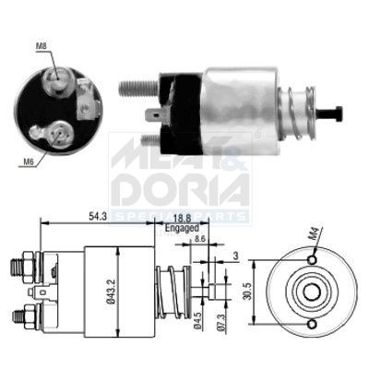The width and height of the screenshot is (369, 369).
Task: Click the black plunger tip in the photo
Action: [335, 113]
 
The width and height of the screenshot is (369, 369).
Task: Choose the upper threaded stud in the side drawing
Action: [19, 266]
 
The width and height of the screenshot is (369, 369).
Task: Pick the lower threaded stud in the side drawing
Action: [19, 316]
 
